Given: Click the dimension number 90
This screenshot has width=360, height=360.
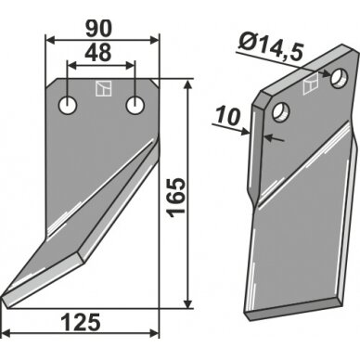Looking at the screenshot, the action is coord(97,30).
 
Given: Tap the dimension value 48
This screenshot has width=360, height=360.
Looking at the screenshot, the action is coord(97,53).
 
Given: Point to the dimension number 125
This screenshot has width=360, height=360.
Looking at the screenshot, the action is coord(81,322).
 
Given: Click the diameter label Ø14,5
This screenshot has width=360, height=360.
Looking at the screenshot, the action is coord(270,47).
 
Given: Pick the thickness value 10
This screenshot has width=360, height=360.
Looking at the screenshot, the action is coord(228,116).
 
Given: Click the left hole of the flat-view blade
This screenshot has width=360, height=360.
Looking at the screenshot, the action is coord(68,106).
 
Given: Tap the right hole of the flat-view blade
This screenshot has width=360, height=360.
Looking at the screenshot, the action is coord(135,105).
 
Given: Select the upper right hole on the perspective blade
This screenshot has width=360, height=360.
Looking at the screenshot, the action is coord(340,77).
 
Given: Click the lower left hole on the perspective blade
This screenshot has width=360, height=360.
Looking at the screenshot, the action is coord(281,112).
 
